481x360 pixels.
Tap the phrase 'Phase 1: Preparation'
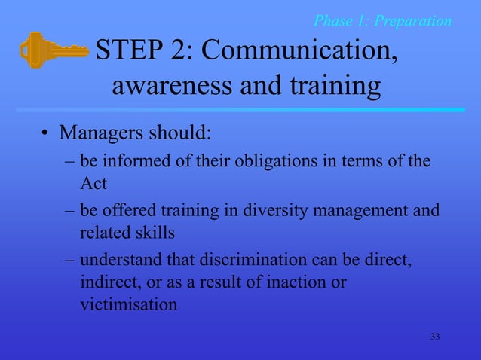382,20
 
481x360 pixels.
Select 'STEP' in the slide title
129,50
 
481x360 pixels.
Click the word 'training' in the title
331,87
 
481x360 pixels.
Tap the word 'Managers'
96,134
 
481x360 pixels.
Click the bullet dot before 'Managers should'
45,136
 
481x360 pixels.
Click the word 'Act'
93,183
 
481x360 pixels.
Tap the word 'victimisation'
129,305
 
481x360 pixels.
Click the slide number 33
434,336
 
